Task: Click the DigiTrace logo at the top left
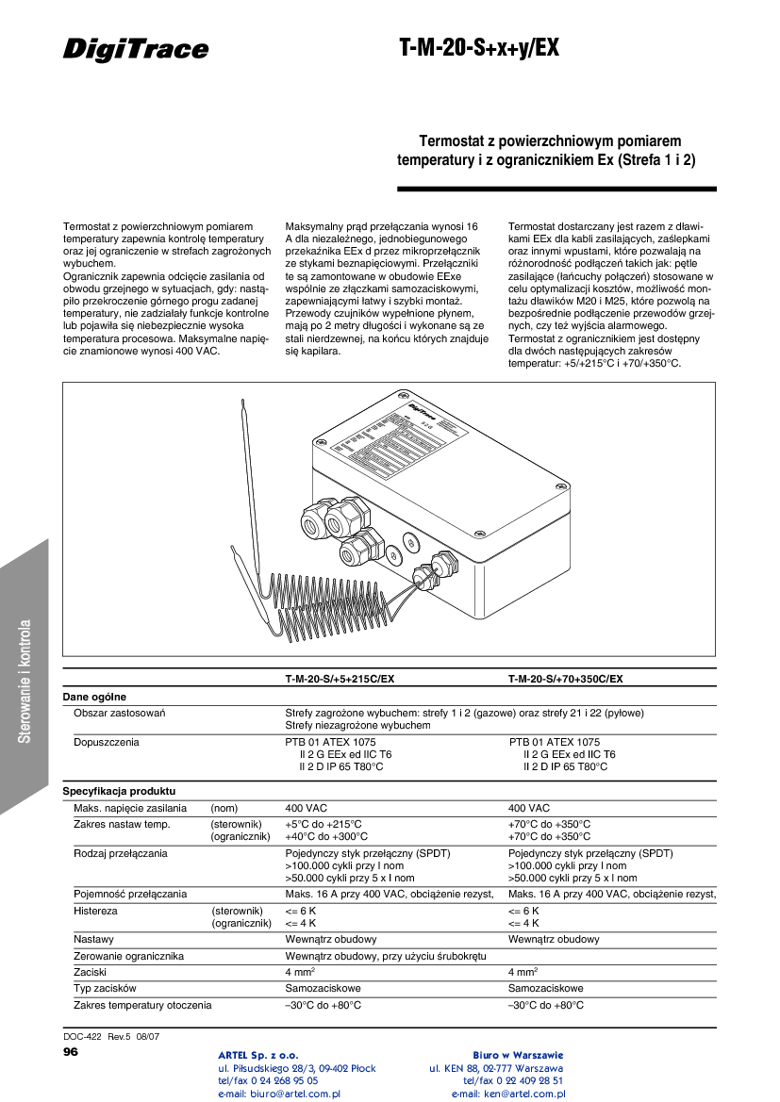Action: (136, 49)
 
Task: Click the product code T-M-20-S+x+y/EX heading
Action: (479, 49)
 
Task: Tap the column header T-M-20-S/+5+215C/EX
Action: (340, 679)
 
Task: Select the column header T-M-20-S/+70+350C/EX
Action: (565, 679)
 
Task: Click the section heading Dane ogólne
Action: (94, 697)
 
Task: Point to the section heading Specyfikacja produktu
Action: (119, 791)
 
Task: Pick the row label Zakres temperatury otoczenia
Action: (142, 1006)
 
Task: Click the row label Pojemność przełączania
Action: (130, 894)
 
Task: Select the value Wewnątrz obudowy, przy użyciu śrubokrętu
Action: (386, 957)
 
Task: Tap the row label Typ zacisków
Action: (106, 989)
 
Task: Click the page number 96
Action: (71, 1051)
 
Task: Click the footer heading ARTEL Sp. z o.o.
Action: (258, 1054)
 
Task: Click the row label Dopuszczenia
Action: (107, 742)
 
